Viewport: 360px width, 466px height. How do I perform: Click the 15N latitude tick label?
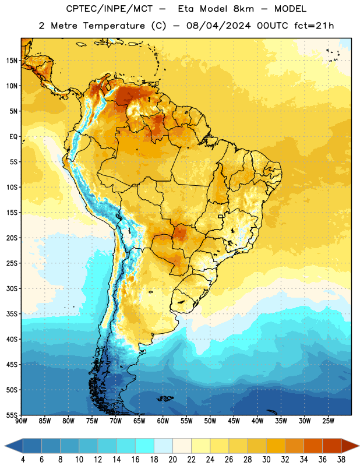12,61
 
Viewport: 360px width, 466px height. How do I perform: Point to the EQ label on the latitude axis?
13,137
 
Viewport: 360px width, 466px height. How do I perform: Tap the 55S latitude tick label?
12,415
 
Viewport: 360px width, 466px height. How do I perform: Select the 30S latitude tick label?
12,288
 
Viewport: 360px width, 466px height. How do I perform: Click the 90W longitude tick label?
21,421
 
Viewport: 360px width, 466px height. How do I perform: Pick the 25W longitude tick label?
328,421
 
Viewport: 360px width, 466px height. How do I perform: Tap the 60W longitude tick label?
163,421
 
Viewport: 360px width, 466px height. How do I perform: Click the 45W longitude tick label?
234,421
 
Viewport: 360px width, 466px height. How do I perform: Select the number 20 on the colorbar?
172,460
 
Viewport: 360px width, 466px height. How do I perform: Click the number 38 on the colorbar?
341,460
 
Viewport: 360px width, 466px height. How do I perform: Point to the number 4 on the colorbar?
23,460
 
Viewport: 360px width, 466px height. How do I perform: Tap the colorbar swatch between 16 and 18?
144,446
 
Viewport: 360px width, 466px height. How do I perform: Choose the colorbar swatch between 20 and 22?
182,446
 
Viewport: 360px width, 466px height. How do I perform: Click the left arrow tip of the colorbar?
5,446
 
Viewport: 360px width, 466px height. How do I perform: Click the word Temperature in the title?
114,26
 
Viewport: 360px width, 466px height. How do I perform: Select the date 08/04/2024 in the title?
218,26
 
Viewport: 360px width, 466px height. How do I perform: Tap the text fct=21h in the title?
314,26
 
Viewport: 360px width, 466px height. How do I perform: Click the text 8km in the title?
243,9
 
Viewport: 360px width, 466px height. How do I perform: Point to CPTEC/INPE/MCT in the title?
109,9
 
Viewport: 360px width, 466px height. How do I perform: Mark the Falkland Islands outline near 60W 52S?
165,398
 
